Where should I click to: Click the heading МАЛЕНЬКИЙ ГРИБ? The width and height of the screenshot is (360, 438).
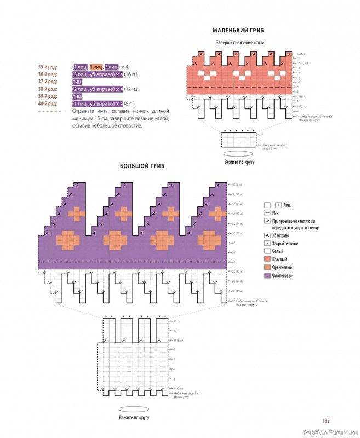coord(239,31)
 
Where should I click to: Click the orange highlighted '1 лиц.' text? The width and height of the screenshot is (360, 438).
coord(96,66)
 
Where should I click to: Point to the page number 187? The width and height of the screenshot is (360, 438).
coord(325,420)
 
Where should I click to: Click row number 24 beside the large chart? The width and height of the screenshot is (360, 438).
coord(233,263)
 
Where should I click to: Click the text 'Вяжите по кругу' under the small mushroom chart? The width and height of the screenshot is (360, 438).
coord(239,162)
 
